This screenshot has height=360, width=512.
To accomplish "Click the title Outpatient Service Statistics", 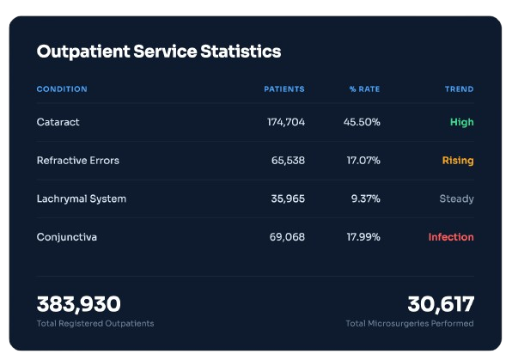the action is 159,52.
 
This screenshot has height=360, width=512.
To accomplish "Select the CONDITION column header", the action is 62,89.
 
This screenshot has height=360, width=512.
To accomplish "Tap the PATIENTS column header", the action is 284,89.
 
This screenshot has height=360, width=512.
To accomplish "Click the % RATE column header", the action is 364,89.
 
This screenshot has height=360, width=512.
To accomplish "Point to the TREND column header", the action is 459,89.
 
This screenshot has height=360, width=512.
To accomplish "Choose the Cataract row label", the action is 58,122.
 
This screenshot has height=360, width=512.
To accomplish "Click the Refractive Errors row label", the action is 77,161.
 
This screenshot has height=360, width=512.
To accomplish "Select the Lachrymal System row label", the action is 82,199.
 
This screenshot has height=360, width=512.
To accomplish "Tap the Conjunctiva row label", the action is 67,237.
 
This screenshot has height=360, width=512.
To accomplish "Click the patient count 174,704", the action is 286,122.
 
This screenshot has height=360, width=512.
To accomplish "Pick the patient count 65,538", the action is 288,161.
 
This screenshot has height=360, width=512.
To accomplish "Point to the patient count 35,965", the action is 288,198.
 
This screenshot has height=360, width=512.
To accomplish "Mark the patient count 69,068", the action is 287,237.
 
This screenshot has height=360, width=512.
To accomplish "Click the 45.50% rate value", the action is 362,122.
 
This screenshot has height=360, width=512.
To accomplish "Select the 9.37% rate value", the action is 366,198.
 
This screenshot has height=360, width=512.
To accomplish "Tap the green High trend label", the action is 461,122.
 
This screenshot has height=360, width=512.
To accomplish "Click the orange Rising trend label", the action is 458,161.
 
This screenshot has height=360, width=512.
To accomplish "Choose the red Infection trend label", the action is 451,237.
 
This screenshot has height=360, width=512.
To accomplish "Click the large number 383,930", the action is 79,304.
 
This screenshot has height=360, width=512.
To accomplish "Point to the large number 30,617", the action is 441,304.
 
